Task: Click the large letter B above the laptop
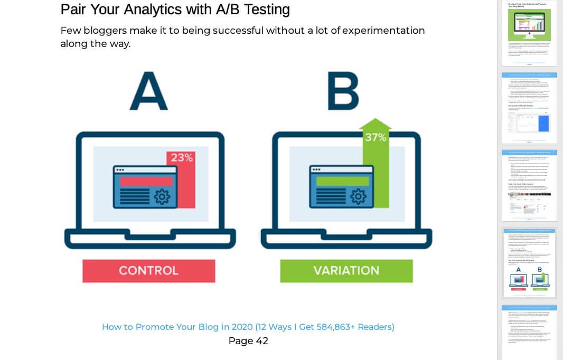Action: pyautogui.click(x=343, y=90)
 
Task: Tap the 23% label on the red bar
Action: pyautogui.click(x=181, y=157)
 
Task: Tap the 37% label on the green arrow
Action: pyautogui.click(x=376, y=137)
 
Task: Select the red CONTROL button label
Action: pyautogui.click(x=148, y=271)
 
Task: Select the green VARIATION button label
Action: pyautogui.click(x=346, y=271)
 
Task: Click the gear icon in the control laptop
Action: pyautogui.click(x=162, y=197)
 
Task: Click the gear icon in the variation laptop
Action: pyautogui.click(x=358, y=197)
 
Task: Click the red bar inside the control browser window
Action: pyautogui.click(x=146, y=181)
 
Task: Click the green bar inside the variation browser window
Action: pyautogui.click(x=342, y=181)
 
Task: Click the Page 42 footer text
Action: pyautogui.click(x=248, y=341)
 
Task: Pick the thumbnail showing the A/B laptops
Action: pyautogui.click(x=529, y=262)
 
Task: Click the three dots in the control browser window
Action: pyautogui.click(x=120, y=170)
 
